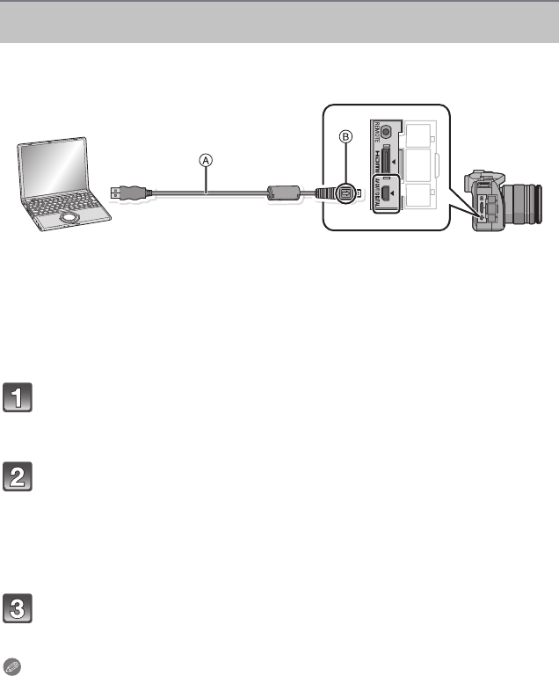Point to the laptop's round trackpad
[x=69, y=215]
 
